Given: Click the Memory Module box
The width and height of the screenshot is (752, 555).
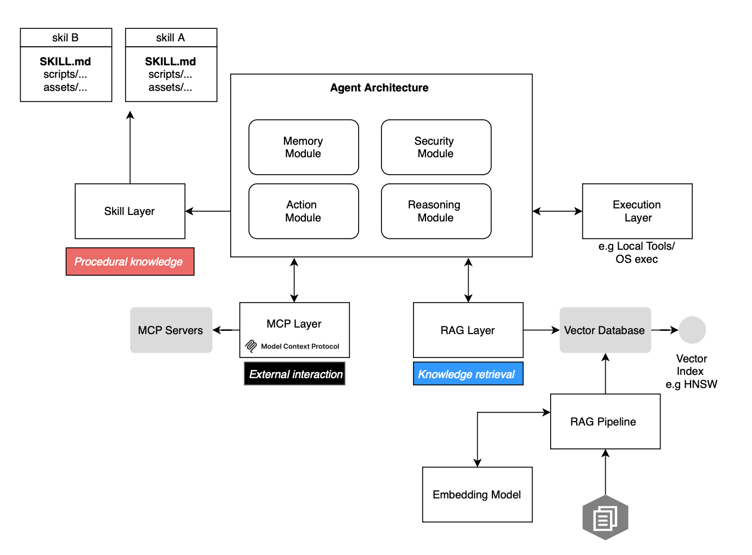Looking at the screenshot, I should coord(303,147).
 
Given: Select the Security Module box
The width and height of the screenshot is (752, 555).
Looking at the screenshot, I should coord(436,147).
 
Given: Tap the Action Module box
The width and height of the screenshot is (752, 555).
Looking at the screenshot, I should coord(303,211).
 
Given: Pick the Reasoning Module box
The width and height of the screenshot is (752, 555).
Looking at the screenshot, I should coord(436,211).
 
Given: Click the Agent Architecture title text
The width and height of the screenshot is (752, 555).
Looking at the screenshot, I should coord(379,88).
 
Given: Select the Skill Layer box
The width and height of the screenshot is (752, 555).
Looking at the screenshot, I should coord(130,211).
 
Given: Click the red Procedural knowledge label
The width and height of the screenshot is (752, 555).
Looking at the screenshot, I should coord(130,262).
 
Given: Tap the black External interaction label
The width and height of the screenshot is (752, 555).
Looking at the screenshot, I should coord(294,374).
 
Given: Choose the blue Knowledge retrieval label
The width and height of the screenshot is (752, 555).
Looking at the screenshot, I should coord(467,374).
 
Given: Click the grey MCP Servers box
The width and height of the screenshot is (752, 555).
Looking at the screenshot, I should coord(170,330).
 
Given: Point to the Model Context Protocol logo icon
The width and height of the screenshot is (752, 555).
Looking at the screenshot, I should coord(251,346).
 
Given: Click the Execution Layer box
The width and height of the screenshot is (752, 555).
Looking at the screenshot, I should coord(637,211).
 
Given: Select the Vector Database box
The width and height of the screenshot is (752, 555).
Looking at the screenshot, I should coord(605,330).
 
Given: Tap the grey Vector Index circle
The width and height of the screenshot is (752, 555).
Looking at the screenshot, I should coord(692,330).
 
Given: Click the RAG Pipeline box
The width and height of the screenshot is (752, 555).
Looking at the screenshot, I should coord(605,422).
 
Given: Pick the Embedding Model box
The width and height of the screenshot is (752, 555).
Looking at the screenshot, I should coord(477,495).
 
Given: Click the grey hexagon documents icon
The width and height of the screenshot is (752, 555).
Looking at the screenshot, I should coord(605,517).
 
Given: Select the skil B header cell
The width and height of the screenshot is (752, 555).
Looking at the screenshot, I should coord(66,38).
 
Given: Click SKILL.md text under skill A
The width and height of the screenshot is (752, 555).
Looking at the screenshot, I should coord(170,61).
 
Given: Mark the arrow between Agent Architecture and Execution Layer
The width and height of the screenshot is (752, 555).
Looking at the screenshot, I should coord(557,211).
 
